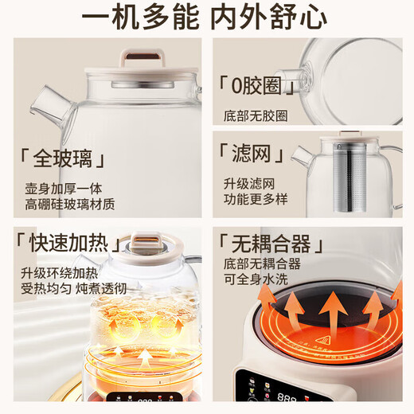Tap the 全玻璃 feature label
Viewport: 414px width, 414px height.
63,159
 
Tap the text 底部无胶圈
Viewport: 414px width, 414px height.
255,115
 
